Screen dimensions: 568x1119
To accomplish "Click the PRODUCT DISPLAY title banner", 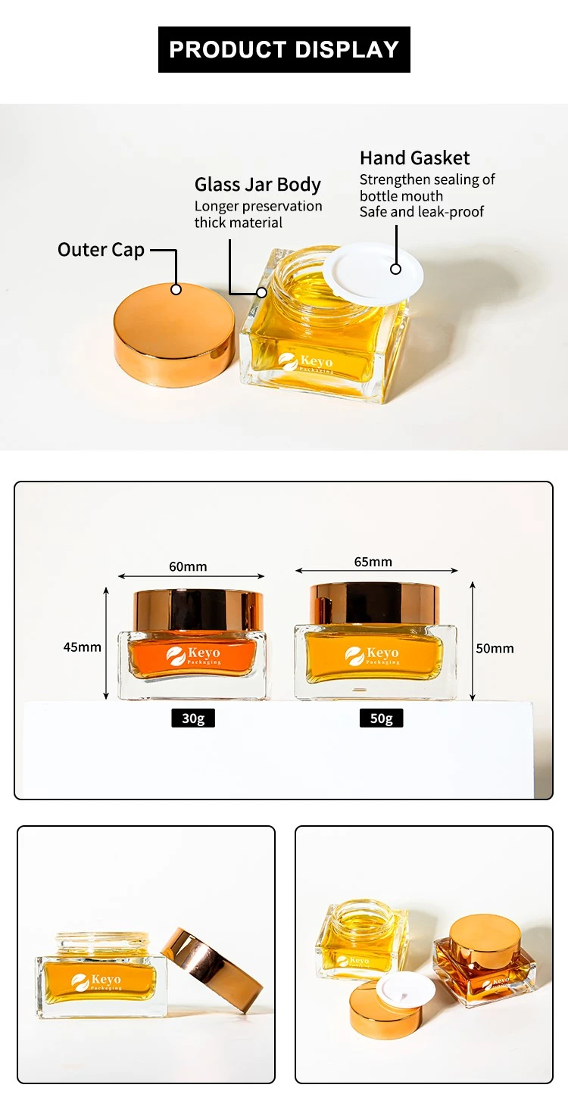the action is [x=284, y=49].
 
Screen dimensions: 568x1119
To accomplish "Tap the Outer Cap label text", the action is [x=101, y=250].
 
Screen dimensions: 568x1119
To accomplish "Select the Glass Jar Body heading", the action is [x=257, y=184].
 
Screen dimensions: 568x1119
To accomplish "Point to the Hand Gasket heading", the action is [x=414, y=158].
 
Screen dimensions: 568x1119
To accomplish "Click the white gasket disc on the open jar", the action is [x=373, y=272].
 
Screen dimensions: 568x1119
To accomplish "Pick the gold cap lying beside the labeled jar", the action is [x=174, y=334].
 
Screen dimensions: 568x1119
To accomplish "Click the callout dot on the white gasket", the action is [x=395, y=270].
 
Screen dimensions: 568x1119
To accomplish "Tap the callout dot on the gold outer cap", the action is [x=176, y=289].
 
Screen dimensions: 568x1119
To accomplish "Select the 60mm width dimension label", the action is [x=188, y=566].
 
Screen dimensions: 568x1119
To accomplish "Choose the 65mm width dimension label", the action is [x=373, y=562].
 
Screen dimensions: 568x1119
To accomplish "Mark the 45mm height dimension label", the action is [x=82, y=647].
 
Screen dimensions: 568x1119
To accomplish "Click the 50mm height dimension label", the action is [x=495, y=648].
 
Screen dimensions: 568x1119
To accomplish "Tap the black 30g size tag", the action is [x=193, y=718].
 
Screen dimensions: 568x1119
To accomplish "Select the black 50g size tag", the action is [x=381, y=718].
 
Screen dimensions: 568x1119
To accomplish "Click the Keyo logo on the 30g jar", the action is [x=193, y=656].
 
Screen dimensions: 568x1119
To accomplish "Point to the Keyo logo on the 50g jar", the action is [x=372, y=656].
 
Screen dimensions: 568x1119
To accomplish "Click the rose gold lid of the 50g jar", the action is [x=375, y=603].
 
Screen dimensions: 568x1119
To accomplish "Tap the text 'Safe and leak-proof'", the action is [x=422, y=212].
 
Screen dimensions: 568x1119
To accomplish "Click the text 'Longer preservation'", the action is [x=258, y=206].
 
